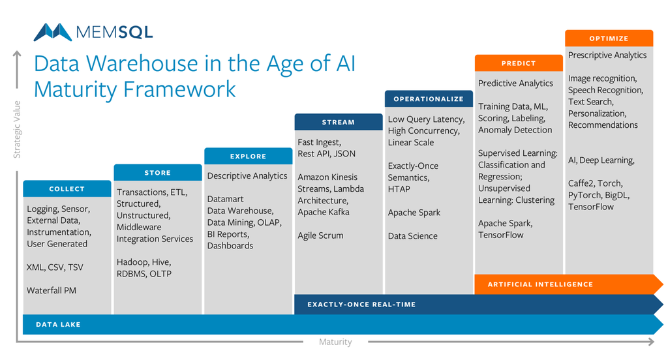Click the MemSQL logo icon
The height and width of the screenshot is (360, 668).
(53, 33)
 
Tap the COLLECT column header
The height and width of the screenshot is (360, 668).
(67, 188)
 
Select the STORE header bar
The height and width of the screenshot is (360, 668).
(158, 173)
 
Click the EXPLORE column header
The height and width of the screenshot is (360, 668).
(249, 157)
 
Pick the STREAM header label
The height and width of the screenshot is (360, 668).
(339, 122)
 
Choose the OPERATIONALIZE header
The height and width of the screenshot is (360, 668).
(429, 99)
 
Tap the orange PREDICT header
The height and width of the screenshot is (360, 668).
(519, 63)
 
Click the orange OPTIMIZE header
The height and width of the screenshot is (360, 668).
(609, 38)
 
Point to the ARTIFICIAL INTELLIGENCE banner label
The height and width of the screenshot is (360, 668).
(540, 284)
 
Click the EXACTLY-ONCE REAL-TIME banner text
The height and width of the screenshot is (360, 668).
(361, 304)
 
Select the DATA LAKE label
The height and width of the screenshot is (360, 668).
(58, 325)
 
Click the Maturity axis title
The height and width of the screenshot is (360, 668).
(336, 342)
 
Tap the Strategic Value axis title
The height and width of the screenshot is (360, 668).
(17, 130)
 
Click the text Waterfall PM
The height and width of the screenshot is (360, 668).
(52, 291)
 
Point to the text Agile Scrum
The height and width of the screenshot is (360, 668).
(320, 235)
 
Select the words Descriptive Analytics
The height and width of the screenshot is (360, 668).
(247, 176)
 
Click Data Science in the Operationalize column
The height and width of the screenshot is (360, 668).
(412, 236)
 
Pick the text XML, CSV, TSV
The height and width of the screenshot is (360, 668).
(55, 267)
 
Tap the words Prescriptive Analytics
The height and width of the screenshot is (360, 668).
(607, 55)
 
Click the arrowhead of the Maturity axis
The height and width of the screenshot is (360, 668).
(651, 342)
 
